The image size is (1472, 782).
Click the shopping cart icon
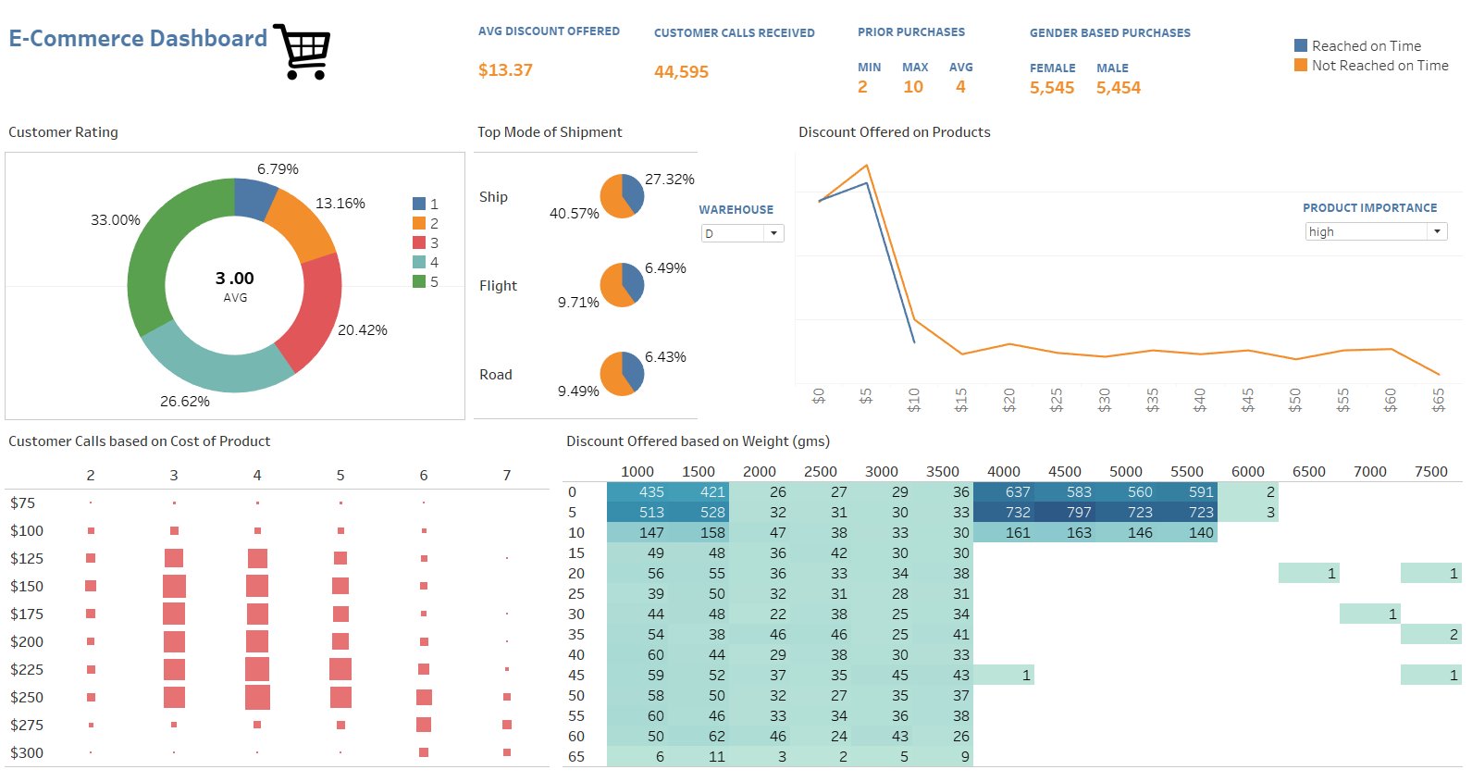pyautogui.click(x=303, y=51)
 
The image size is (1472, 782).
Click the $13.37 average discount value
pyautogui.click(x=505, y=70)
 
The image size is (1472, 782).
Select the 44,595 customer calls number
pyautogui.click(x=681, y=72)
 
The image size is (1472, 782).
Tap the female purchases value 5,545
pyautogui.click(x=1052, y=88)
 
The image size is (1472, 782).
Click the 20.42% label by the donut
pyautogui.click(x=363, y=330)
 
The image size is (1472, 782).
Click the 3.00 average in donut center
pyautogui.click(x=235, y=279)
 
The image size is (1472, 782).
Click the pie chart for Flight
pyautogui.click(x=622, y=284)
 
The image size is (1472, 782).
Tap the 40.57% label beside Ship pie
pyautogui.click(x=575, y=214)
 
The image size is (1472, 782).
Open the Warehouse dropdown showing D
pyautogui.click(x=742, y=233)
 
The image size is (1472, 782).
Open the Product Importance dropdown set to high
pyautogui.click(x=1375, y=231)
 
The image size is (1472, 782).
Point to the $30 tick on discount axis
pyautogui.click(x=1105, y=399)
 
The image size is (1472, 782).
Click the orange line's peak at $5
pyautogui.click(x=866, y=166)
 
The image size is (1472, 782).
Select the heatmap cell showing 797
pyautogui.click(x=1079, y=512)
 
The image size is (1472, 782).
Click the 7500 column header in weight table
pyautogui.click(x=1430, y=472)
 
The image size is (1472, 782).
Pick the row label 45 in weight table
pyautogui.click(x=576, y=676)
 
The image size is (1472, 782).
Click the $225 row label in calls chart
pyautogui.click(x=27, y=670)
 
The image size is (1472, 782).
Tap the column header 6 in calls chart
pyautogui.click(x=424, y=476)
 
